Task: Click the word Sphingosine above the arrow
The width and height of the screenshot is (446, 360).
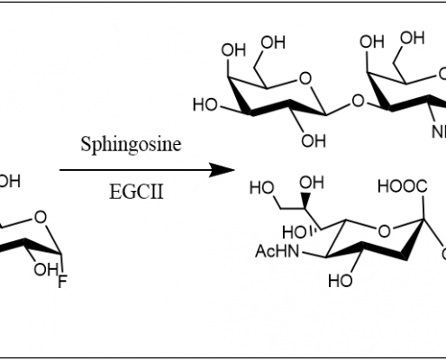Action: tap(131, 145)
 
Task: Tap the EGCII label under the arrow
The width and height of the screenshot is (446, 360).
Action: tap(136, 192)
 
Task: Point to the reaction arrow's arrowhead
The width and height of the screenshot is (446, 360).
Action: tap(222, 170)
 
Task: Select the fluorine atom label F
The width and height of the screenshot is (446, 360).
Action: tap(62, 283)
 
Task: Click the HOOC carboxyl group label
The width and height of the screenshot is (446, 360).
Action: tap(403, 186)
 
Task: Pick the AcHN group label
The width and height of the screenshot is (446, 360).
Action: tap(278, 251)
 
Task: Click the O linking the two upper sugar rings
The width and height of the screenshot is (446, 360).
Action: tap(358, 101)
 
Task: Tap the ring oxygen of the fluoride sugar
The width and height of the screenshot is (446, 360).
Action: tap(41, 217)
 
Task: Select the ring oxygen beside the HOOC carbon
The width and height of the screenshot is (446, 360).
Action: tap(385, 231)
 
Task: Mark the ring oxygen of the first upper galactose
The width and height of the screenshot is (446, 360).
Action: tap(305, 78)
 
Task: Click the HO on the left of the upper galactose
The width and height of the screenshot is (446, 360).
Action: tap(205, 105)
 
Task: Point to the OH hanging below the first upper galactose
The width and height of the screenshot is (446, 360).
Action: tap(314, 140)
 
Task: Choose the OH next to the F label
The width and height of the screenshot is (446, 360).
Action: tap(46, 270)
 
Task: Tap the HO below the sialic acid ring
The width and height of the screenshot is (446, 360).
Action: tap(341, 281)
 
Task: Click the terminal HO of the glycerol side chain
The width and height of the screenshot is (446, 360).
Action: tap(262, 188)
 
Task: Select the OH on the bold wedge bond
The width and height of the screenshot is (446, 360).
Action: tap(312, 183)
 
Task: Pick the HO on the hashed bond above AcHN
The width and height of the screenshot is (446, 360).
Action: tap(295, 232)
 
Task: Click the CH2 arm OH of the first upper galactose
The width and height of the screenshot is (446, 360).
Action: tap(273, 42)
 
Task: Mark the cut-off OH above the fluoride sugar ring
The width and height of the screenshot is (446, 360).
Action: tap(10, 182)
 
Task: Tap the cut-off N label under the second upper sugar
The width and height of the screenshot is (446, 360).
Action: tap(439, 132)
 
